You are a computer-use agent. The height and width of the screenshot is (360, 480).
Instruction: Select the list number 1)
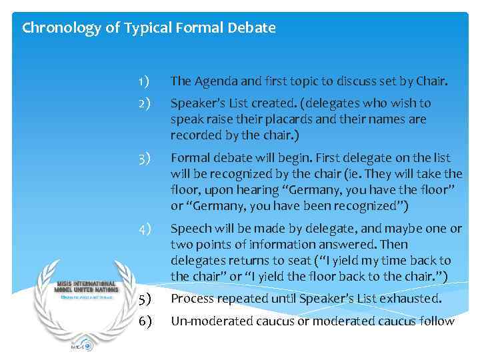click(143, 81)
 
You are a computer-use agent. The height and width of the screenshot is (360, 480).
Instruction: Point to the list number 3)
click(144, 158)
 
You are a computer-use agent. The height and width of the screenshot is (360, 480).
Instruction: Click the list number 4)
click(144, 229)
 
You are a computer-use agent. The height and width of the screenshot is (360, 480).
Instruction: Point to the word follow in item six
click(438, 321)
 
